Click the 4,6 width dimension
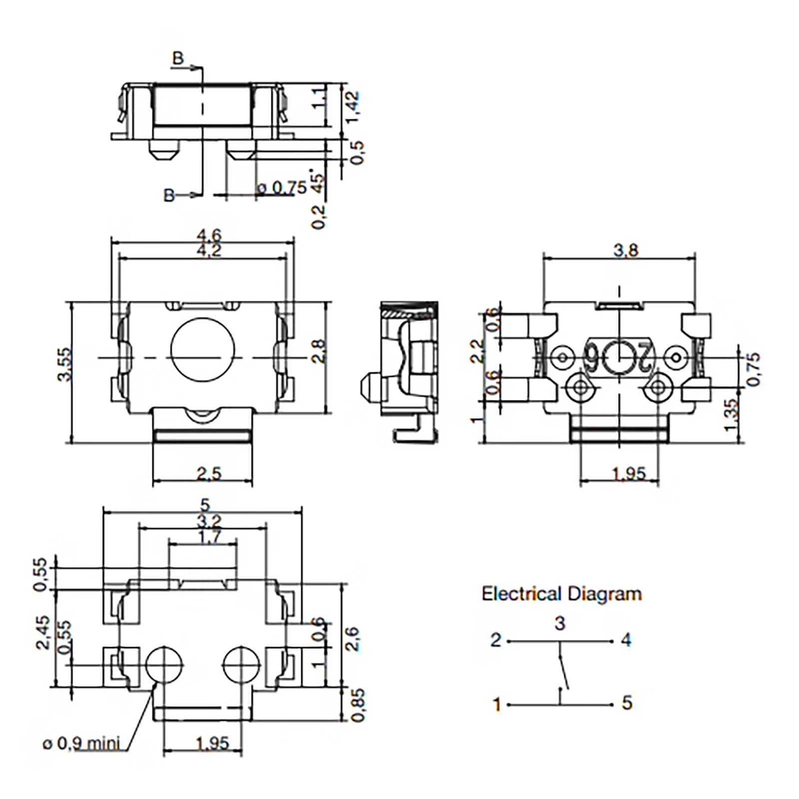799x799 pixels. pyautogui.click(x=209, y=235)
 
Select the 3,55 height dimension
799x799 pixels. pyautogui.click(x=65, y=365)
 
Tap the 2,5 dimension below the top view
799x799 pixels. pyautogui.click(x=209, y=473)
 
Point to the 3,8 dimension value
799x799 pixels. pyautogui.click(x=626, y=250)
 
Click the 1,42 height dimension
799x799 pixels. pyautogui.click(x=353, y=106)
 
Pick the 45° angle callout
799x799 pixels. pyautogui.click(x=318, y=183)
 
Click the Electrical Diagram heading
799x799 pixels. pyautogui.click(x=561, y=594)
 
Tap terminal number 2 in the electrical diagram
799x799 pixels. pyautogui.click(x=495, y=640)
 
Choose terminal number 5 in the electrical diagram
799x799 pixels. pyautogui.click(x=627, y=703)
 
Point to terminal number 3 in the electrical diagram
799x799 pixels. pyautogui.click(x=560, y=623)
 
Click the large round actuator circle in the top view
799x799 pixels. pyautogui.click(x=202, y=349)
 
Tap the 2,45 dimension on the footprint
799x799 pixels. pyautogui.click(x=43, y=632)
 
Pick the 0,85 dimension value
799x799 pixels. pyautogui.click(x=358, y=705)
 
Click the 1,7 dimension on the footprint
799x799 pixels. pyautogui.click(x=210, y=538)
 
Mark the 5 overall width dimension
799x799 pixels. pyautogui.click(x=205, y=504)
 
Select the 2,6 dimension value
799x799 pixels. pyautogui.click(x=353, y=639)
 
